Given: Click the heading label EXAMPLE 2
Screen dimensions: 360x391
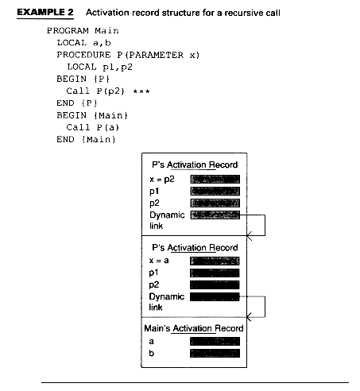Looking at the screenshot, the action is coord(45,13).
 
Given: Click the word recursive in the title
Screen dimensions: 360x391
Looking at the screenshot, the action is coord(242,13).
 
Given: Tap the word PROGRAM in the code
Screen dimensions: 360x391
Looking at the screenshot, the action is coord(68,31).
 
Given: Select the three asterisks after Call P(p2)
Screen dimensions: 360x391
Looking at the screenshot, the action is coord(141,91).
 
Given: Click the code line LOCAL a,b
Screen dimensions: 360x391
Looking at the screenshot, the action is coord(83,43).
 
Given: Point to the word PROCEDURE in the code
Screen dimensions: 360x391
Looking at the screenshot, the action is coord(83,55).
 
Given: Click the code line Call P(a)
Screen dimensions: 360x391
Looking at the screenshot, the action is coord(92,127).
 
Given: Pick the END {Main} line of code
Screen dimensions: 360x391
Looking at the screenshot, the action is coord(86,139).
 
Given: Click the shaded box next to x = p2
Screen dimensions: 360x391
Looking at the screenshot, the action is coord(215,179).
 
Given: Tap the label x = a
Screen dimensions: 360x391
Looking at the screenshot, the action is coord(159,261).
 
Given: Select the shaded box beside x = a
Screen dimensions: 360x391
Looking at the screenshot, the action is coord(215,261).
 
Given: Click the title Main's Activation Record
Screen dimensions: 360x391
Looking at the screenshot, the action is coord(194,328).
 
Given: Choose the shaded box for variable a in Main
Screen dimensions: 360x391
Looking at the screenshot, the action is coord(215,341).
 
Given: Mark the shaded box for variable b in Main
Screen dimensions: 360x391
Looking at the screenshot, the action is coord(215,354).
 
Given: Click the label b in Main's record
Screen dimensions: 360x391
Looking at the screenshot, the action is coord(151,353).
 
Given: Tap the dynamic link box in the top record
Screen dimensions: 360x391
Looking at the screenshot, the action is coord(215,215).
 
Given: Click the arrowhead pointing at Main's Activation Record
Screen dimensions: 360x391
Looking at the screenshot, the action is coord(249,317).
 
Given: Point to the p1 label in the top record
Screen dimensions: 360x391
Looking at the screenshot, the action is coord(154,192).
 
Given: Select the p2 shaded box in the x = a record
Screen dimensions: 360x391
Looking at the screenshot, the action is coord(215,285).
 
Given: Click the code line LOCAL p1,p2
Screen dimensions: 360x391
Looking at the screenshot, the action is coord(99,67).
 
